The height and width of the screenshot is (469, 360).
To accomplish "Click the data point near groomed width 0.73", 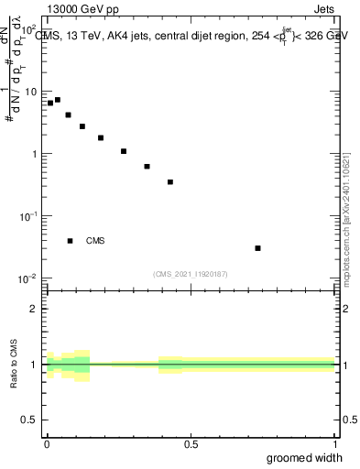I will coord(257,248).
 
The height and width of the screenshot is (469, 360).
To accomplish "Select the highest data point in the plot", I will coord(58,100).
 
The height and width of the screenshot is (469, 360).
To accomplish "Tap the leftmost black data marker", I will coord(50,104).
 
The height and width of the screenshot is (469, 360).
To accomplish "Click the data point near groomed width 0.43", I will coord(170,182).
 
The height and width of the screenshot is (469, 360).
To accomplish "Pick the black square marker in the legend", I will coord(71,241).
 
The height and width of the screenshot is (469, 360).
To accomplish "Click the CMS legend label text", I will coord(95,241).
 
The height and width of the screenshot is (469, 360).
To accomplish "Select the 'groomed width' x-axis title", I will coord(304,457).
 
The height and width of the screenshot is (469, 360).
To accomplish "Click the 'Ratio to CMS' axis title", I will coord(15,364).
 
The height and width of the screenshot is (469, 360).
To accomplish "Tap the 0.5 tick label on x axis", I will coord(191,443).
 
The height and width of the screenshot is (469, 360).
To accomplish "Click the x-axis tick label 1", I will coord(336,443).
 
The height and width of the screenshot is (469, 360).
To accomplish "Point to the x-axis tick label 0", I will coord(47,443).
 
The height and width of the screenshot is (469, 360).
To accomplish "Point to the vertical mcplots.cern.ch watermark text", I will coord(347,220).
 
